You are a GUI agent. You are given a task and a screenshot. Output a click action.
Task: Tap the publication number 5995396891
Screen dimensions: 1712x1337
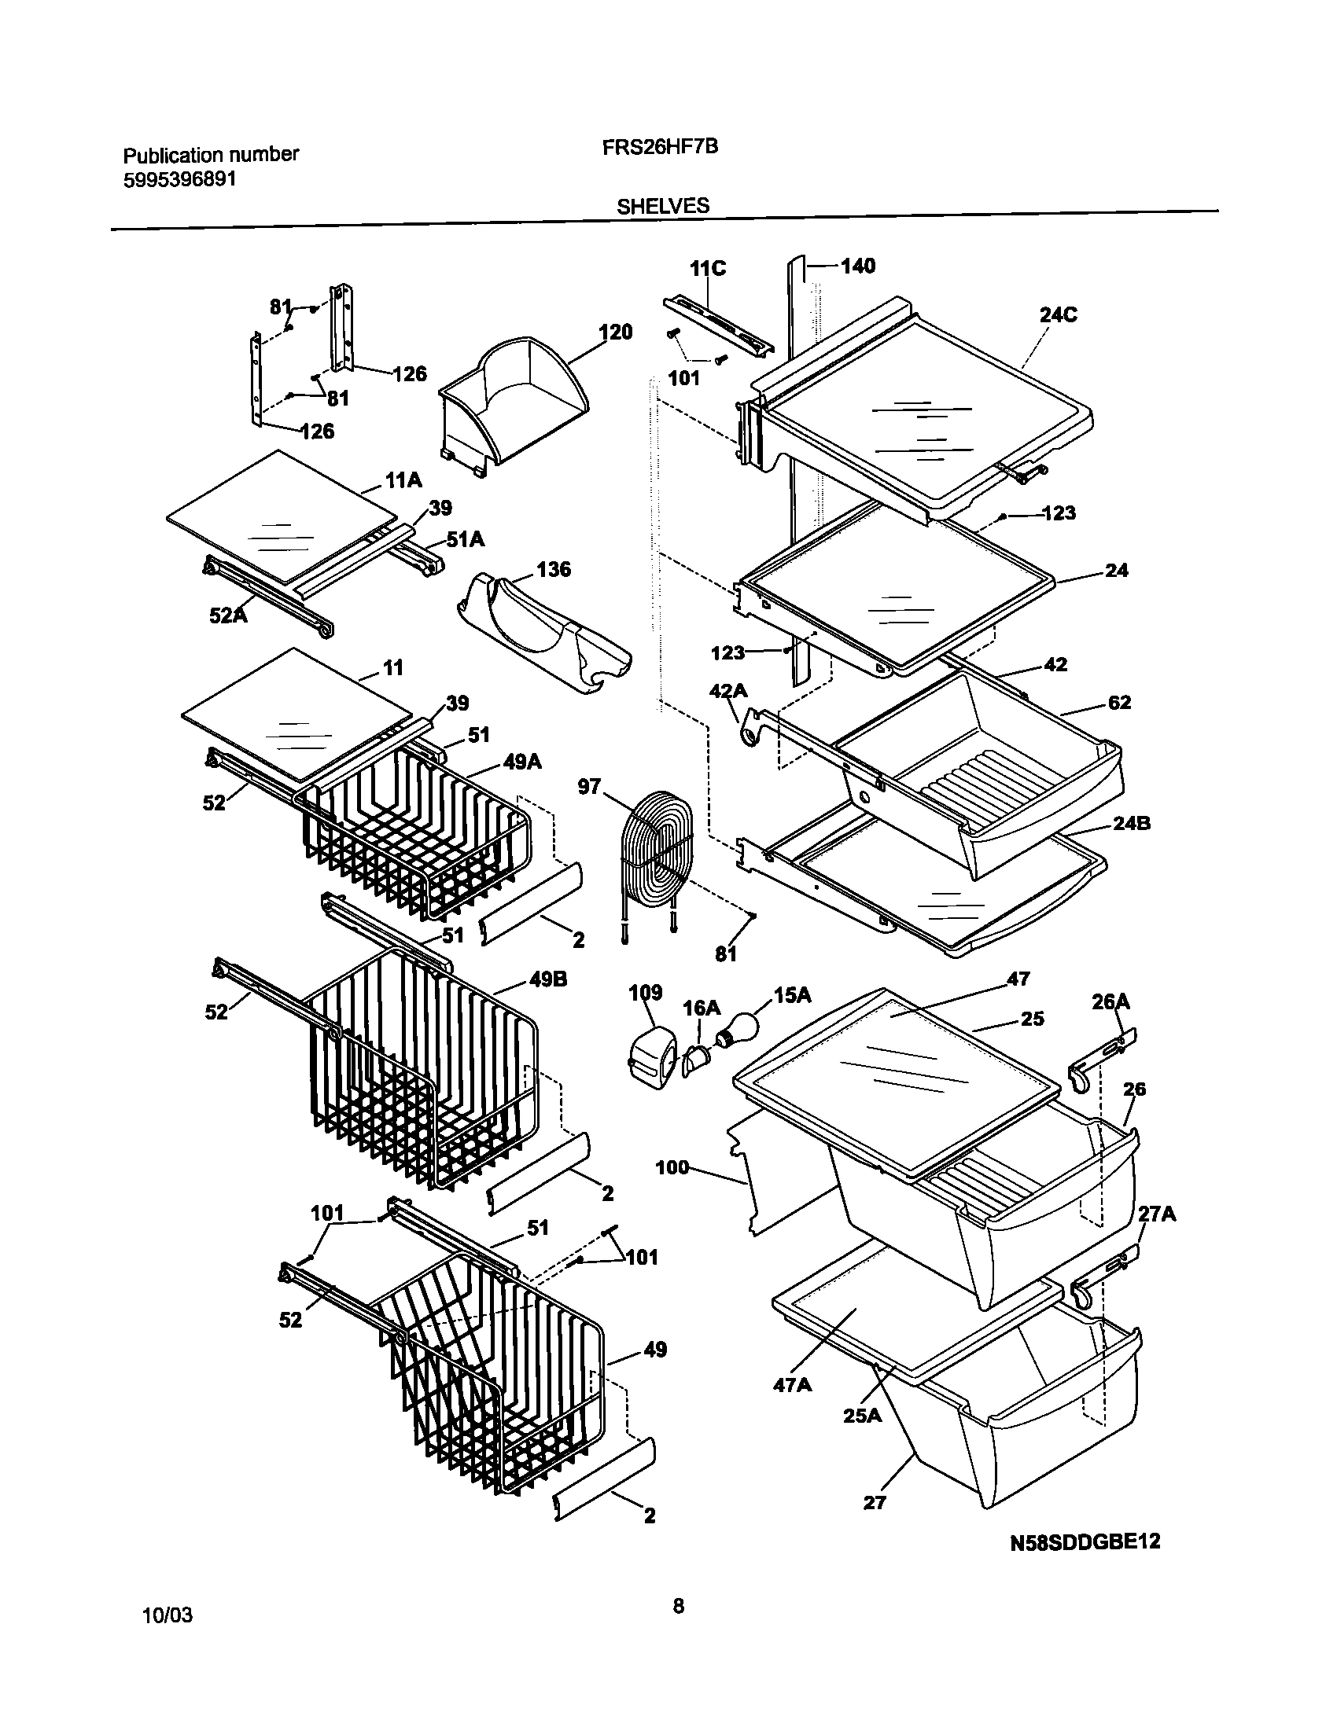pyautogui.click(x=180, y=201)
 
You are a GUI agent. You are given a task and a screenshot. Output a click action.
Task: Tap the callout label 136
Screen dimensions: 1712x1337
pyautogui.click(x=554, y=569)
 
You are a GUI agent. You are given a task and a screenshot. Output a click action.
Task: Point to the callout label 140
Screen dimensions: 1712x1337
pyautogui.click(x=857, y=266)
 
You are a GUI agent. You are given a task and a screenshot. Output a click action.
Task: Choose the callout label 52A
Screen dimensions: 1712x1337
pyautogui.click(x=227, y=615)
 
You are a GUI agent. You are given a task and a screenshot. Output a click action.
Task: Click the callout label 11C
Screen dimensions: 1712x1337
pyautogui.click(x=708, y=269)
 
